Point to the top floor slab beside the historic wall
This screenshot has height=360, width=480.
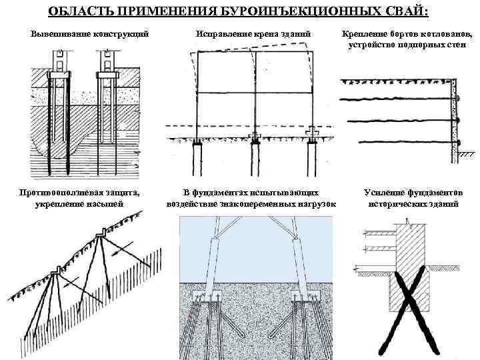point(379,233)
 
